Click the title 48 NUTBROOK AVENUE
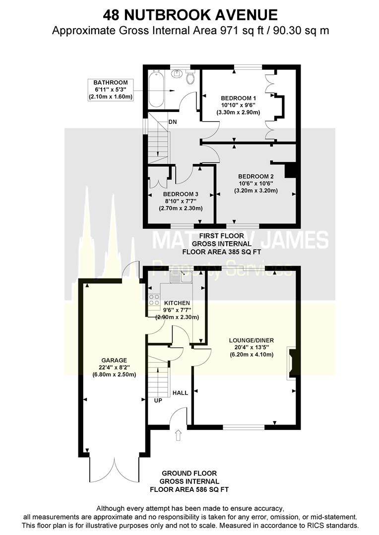point(190,14)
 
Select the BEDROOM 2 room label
point(255,176)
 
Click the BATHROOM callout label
point(111,83)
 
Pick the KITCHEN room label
point(177,303)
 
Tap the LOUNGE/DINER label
point(251,340)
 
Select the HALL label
point(180,393)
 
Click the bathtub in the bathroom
point(155,89)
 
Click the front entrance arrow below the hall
point(179,435)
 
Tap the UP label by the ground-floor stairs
point(158,400)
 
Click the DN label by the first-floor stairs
point(173,121)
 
